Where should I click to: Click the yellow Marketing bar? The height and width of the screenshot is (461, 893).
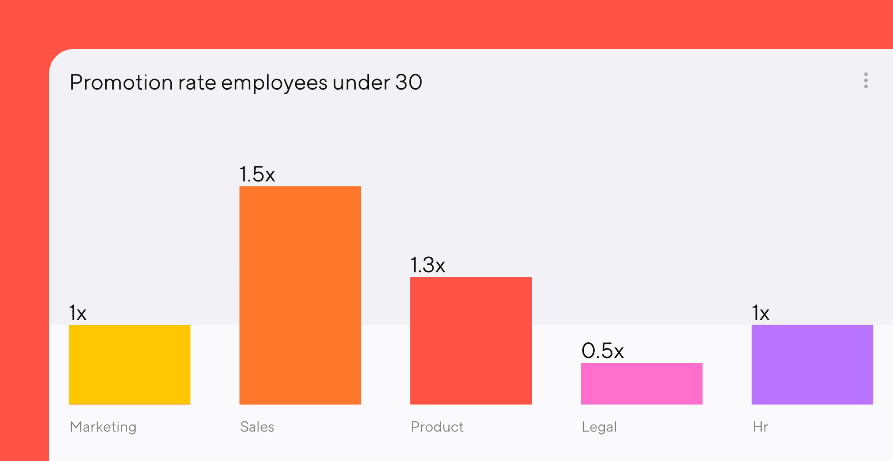[129, 365]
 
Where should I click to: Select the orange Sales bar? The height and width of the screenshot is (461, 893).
[300, 295]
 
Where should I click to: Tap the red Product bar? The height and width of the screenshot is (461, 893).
[471, 341]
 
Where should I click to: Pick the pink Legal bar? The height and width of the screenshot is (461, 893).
[641, 384]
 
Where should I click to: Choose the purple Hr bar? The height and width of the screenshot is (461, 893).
[812, 365]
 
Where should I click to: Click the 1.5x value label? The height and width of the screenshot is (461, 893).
[257, 174]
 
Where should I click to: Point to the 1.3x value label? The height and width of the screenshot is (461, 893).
[428, 265]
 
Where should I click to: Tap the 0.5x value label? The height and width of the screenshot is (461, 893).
[603, 350]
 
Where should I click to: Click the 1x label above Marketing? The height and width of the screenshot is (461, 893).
[78, 313]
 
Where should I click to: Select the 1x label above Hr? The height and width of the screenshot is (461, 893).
[761, 313]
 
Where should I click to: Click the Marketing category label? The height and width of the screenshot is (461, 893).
[103, 427]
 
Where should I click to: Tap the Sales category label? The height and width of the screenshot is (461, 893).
[257, 427]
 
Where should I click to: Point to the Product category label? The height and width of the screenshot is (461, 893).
[437, 427]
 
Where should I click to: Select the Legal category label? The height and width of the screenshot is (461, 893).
[599, 427]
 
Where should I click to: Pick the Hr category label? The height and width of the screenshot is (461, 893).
[760, 427]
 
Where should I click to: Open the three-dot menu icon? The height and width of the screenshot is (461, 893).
[866, 80]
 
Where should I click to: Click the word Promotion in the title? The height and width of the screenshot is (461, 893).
[121, 82]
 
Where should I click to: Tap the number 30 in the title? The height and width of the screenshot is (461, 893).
[409, 82]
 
